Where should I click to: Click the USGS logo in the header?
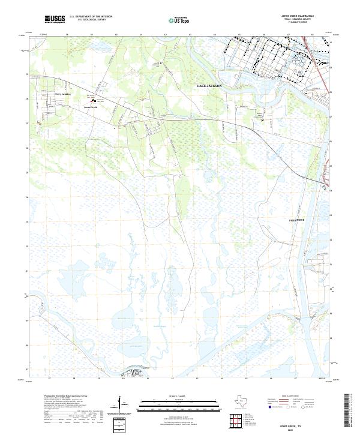pos(55,19)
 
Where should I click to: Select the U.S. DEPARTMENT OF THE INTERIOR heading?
pos(91,17)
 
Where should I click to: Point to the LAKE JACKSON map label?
pos(209,86)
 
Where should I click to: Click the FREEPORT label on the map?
pos(296,220)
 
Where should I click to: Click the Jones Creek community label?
pos(90,107)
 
